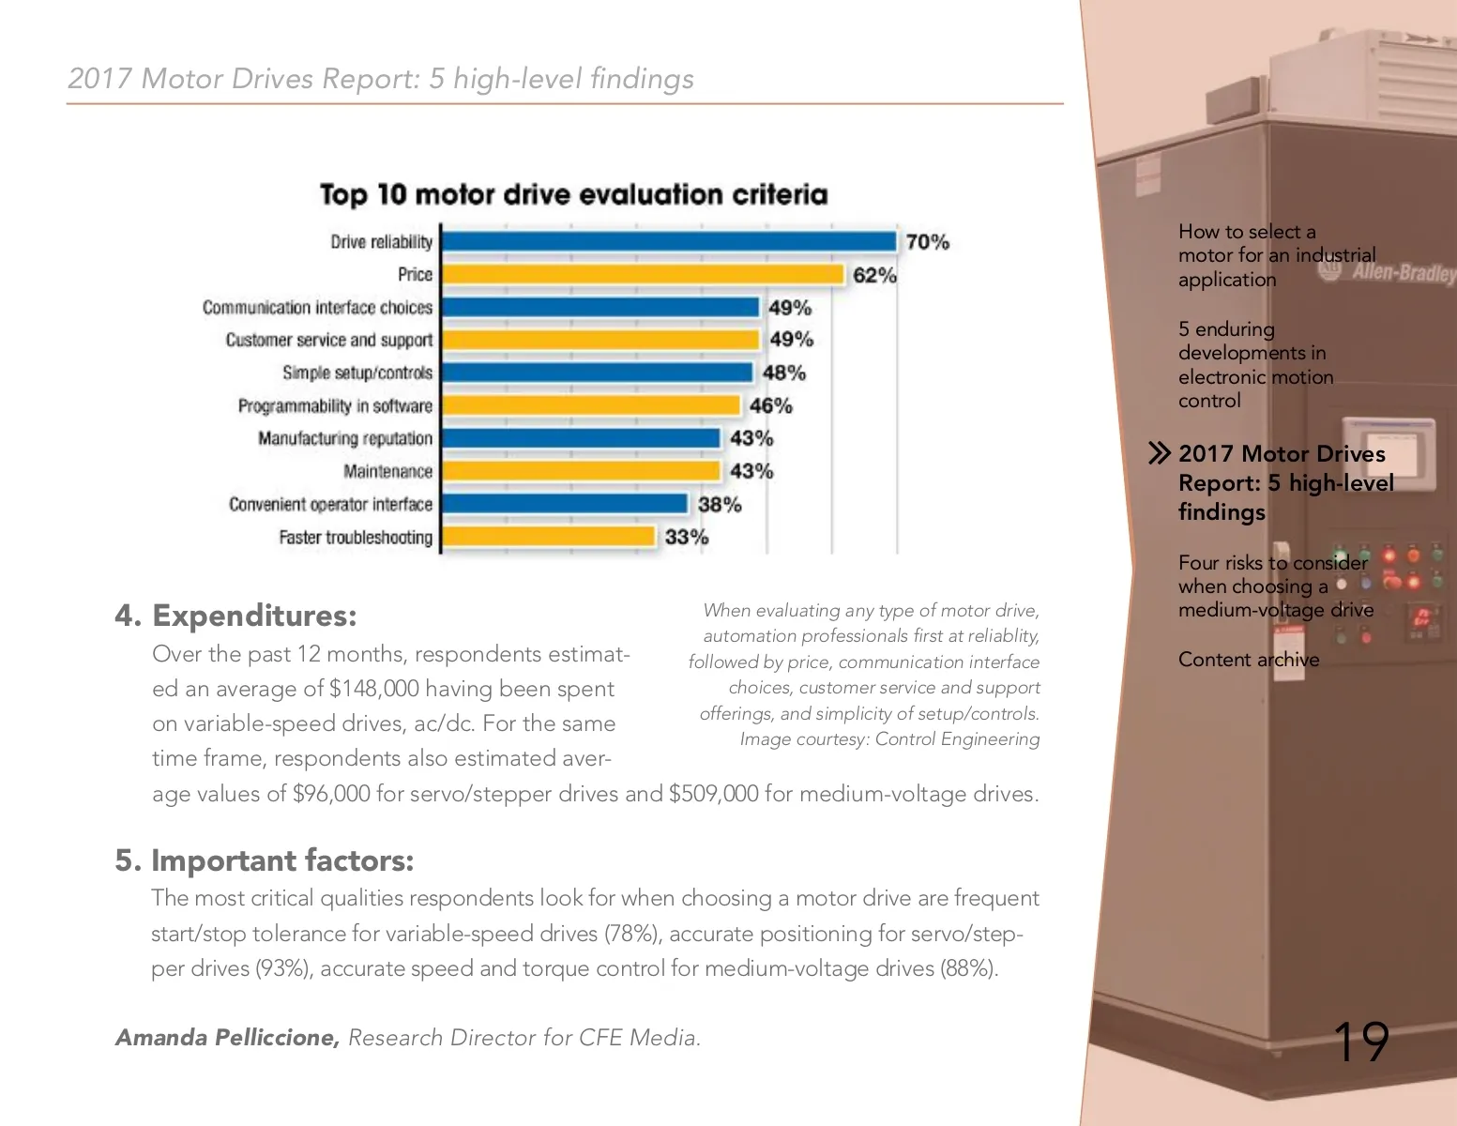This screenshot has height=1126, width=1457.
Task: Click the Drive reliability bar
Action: click(x=668, y=242)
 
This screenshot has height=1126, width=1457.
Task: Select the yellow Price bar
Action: click(x=643, y=275)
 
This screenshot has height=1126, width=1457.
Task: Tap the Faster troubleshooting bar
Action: click(x=548, y=537)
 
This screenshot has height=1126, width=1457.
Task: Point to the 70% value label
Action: click(x=927, y=242)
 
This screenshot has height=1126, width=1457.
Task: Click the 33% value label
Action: click(x=686, y=538)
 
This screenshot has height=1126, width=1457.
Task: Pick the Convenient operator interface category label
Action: click(x=330, y=505)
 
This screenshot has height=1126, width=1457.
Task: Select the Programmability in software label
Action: click(x=335, y=406)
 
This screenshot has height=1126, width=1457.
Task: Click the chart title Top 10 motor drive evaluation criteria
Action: click(x=573, y=194)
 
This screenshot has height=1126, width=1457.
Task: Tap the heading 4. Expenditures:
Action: click(x=235, y=616)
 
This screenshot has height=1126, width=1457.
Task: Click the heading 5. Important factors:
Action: click(x=264, y=860)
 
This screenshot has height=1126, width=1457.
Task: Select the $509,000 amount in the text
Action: click(x=713, y=794)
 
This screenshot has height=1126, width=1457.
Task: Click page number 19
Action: click(x=1359, y=1042)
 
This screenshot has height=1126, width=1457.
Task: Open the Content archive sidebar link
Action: click(x=1248, y=660)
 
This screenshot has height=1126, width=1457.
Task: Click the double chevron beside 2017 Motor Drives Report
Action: click(x=1160, y=454)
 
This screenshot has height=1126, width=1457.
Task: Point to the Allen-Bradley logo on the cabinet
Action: click(x=1398, y=272)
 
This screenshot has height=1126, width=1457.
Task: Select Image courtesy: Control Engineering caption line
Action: click(x=888, y=739)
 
